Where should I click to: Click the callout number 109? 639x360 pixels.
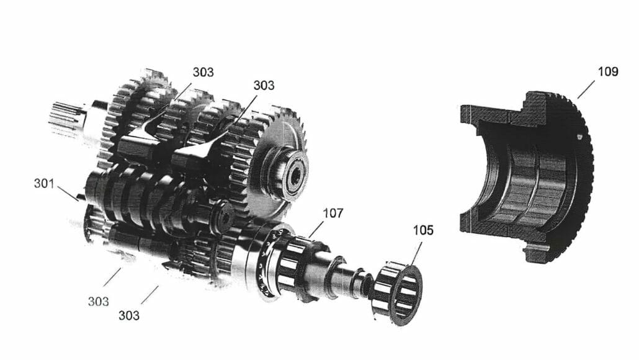607,71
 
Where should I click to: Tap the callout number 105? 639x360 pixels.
424,231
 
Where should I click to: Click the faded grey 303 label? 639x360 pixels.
98,302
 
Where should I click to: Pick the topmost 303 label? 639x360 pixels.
203,72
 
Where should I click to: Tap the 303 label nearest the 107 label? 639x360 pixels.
264,85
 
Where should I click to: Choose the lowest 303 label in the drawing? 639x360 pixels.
129,315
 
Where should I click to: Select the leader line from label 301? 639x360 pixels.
67,193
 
